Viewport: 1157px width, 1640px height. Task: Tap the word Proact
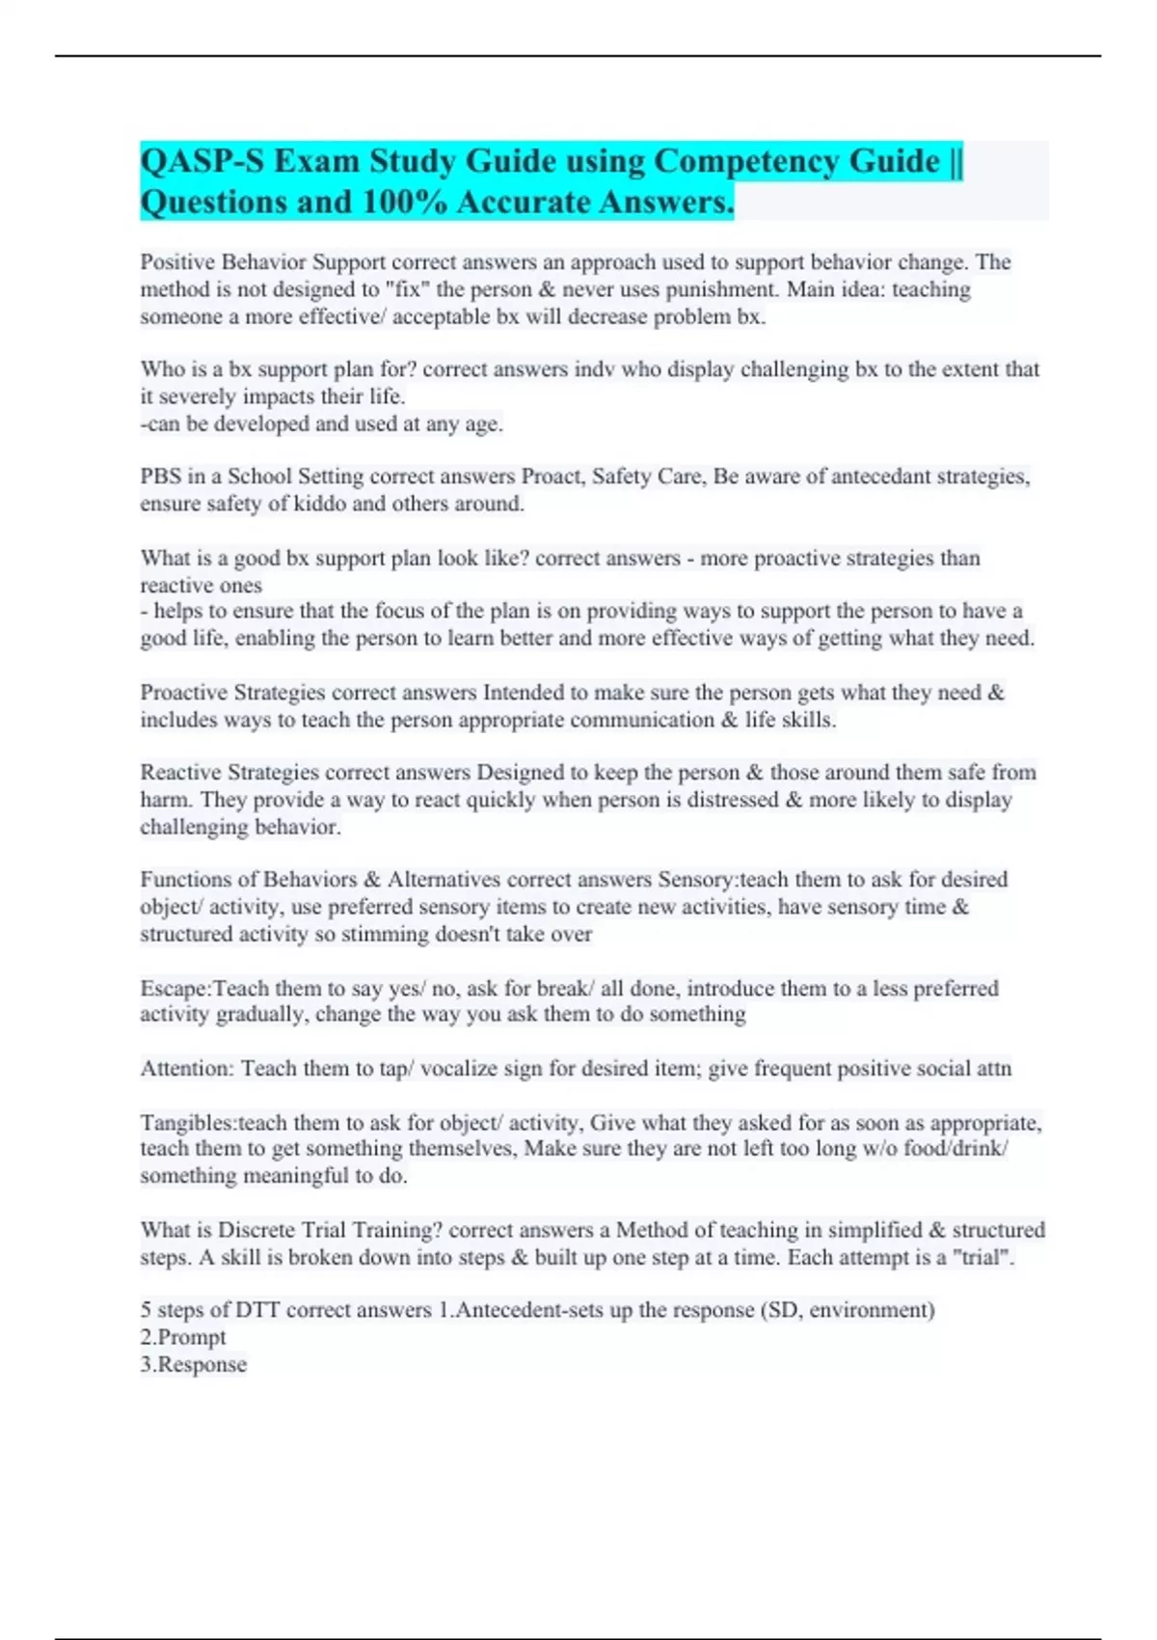point(552,477)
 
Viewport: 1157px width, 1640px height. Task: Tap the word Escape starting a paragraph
point(175,989)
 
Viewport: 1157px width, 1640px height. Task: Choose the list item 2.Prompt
point(183,1337)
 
